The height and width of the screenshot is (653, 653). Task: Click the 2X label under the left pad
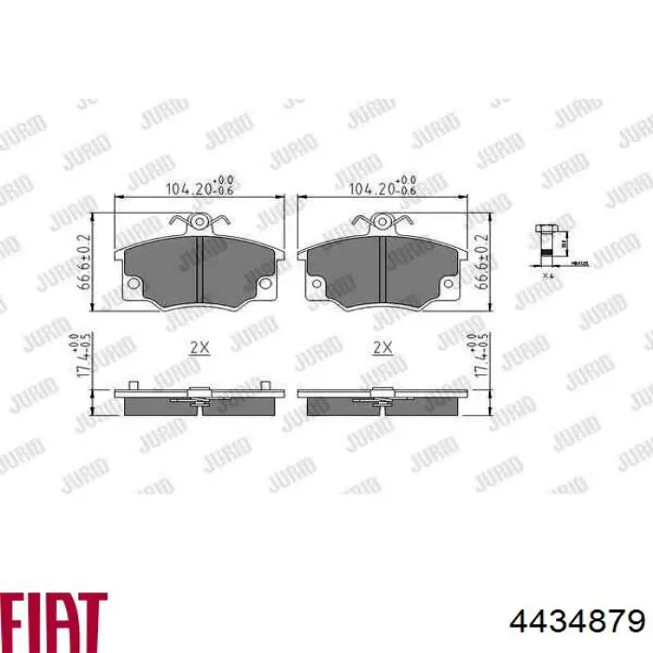(199, 347)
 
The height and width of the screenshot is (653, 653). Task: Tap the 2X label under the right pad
(382, 347)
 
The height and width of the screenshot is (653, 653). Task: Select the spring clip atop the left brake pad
(199, 223)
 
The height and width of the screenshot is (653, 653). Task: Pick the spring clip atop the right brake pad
(382, 223)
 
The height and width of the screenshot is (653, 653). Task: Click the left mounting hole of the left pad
(132, 283)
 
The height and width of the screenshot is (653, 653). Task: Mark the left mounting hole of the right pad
(314, 283)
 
